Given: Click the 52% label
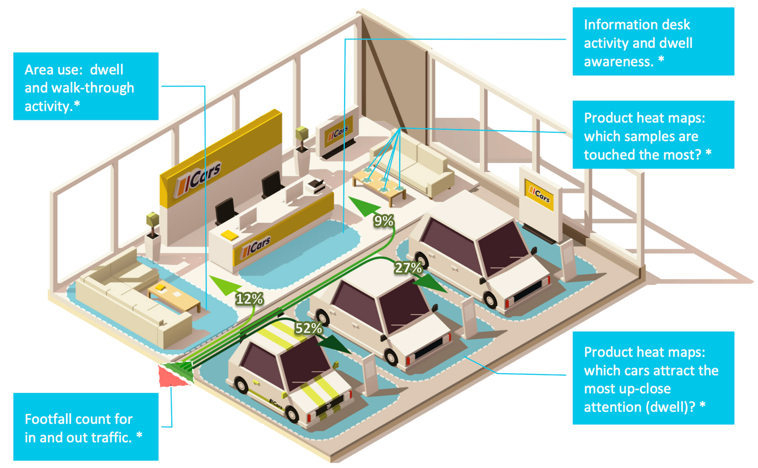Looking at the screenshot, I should (x=309, y=328).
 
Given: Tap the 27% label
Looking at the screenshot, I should (x=408, y=268).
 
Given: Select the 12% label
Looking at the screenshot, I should (x=249, y=299).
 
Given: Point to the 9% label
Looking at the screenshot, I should (x=384, y=221).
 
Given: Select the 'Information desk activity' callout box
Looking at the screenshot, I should (x=653, y=42).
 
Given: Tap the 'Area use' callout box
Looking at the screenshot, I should (x=86, y=86).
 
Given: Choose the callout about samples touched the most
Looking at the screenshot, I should (x=653, y=135).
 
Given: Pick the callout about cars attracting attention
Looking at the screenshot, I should (x=653, y=378).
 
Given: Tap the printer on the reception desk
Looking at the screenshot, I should (x=316, y=185).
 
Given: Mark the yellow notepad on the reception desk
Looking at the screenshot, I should (x=229, y=235).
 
